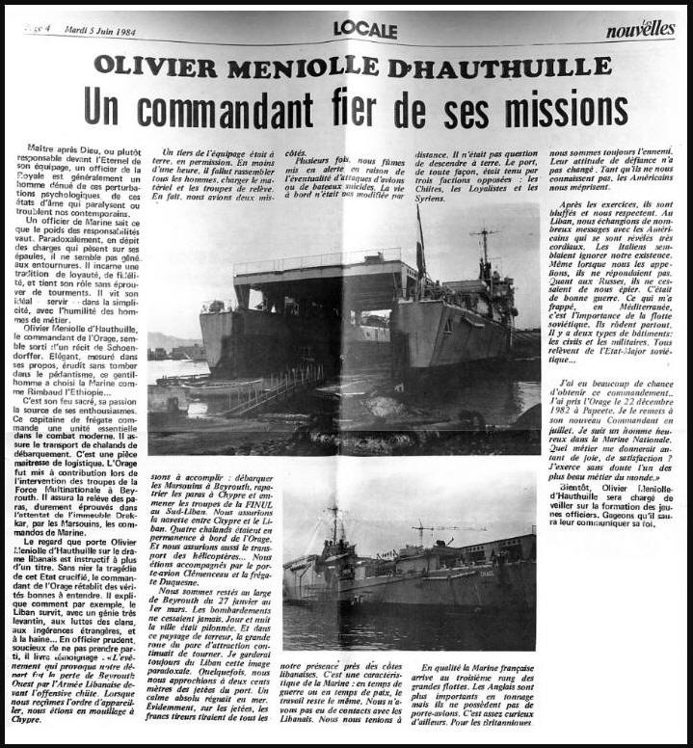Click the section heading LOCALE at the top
[365, 30]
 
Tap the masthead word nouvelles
[640, 30]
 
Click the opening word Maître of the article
[37, 151]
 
